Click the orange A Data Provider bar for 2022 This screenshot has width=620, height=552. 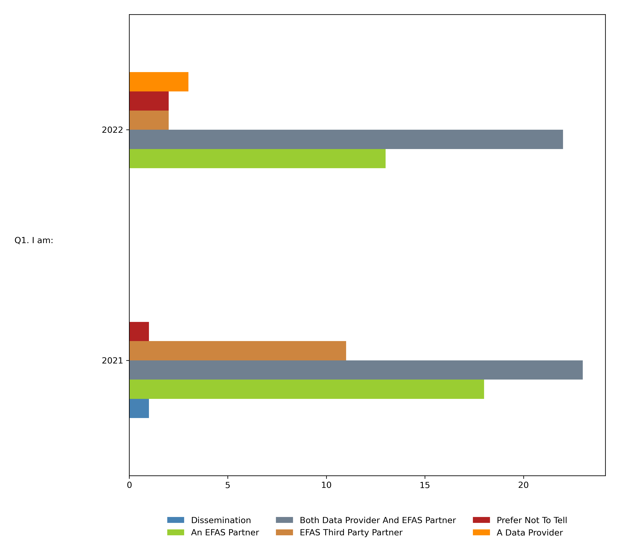tap(159, 82)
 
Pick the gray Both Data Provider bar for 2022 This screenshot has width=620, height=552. tap(346, 139)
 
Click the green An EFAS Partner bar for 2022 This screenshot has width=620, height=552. tap(257, 158)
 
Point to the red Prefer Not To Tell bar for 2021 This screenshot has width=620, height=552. tap(139, 331)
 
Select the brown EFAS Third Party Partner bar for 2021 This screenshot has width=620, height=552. tap(237, 351)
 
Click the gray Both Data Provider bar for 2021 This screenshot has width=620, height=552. tap(356, 370)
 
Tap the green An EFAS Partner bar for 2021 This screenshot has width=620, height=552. tap(306, 389)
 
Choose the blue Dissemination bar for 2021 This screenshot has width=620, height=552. tap(139, 408)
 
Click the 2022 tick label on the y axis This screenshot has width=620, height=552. tap(112, 130)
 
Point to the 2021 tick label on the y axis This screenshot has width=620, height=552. tap(112, 361)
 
